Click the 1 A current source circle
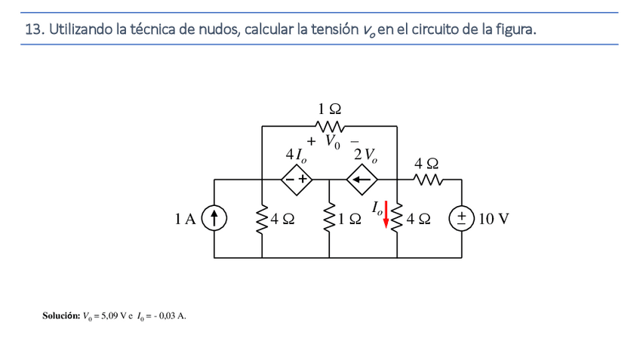[x=216, y=219]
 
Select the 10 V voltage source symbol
[x=461, y=219]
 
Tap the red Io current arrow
[x=387, y=214]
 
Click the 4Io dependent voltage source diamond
[x=297, y=180]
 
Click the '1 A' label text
[x=185, y=220]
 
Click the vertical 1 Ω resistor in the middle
[x=330, y=219]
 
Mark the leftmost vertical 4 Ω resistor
[x=262, y=219]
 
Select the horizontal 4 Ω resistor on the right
[x=427, y=180]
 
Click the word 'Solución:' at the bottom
[x=60, y=315]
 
